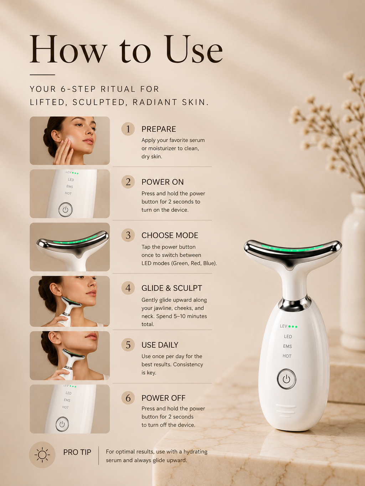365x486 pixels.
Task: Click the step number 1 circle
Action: (x=128, y=129)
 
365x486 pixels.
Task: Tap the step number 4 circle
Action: (x=128, y=288)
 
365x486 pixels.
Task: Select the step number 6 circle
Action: (x=128, y=398)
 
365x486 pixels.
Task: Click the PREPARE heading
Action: (x=159, y=129)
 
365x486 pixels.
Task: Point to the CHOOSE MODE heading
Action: (x=170, y=235)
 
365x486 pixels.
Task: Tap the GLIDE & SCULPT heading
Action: (x=172, y=288)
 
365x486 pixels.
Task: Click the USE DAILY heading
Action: (x=160, y=345)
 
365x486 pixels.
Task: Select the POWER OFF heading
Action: (x=163, y=398)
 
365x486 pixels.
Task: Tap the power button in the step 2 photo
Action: (x=65, y=209)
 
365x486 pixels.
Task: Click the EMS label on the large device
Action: (x=287, y=346)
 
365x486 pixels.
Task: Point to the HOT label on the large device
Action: (x=287, y=356)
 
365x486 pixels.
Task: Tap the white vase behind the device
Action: (x=353, y=270)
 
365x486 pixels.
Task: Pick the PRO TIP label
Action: (x=77, y=452)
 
